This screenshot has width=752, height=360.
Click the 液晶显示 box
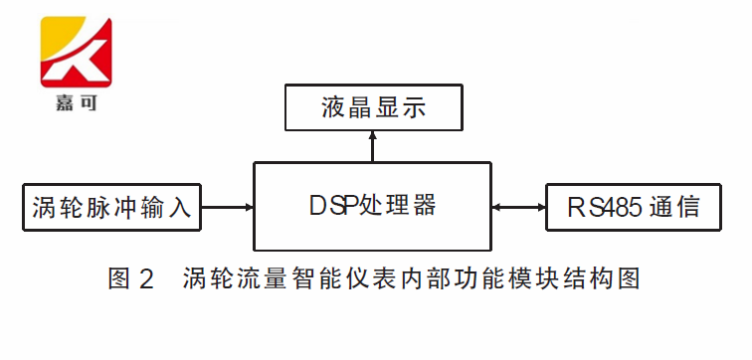(373, 107)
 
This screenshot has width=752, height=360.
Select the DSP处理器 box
(373, 206)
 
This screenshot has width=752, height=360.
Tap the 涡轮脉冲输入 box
(112, 208)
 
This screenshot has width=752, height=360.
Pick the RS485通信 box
(633, 208)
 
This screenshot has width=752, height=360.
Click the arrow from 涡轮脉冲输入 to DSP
(229, 208)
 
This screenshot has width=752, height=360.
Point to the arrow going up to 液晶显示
(373, 146)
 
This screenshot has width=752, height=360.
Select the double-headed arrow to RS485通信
(518, 208)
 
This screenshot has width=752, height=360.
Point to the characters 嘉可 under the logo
(76, 100)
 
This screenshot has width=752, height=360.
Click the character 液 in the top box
(335, 107)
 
